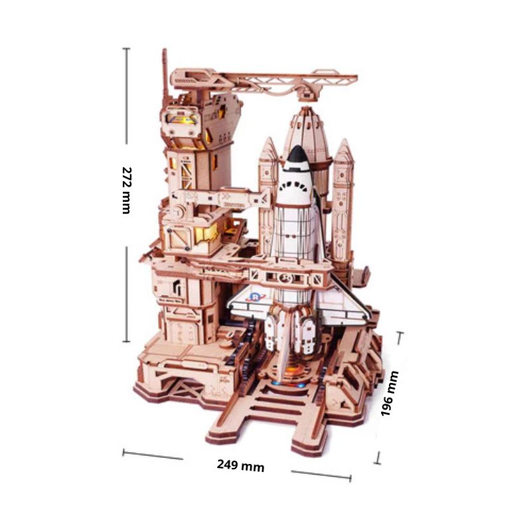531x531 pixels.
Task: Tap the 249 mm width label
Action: point(240,465)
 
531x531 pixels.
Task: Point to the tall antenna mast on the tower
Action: point(164,73)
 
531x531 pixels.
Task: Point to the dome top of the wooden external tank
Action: point(305,123)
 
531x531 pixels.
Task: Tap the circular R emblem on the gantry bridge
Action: point(285,277)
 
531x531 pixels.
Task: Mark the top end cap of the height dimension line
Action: point(126,48)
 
